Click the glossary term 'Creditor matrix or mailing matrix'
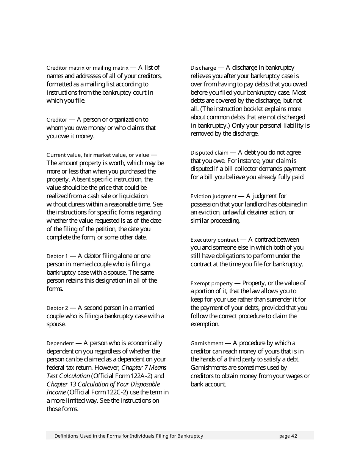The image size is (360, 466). (88, 68)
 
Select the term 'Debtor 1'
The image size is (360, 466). (57, 256)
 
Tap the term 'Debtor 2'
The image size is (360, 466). (57, 308)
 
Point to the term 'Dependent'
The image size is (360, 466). (60, 344)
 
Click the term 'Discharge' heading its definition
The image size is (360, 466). (203, 68)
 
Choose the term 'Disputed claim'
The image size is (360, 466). (209, 153)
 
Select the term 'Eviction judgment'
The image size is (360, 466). (213, 197)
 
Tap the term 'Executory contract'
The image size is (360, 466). (214, 240)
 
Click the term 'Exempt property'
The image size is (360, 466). (211, 284)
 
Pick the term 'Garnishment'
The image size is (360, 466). (207, 344)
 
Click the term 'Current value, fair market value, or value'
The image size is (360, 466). (98, 155)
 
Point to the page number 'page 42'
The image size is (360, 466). (288, 436)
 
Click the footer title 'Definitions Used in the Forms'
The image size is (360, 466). (129, 436)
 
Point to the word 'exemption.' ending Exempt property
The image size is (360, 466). (205, 324)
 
